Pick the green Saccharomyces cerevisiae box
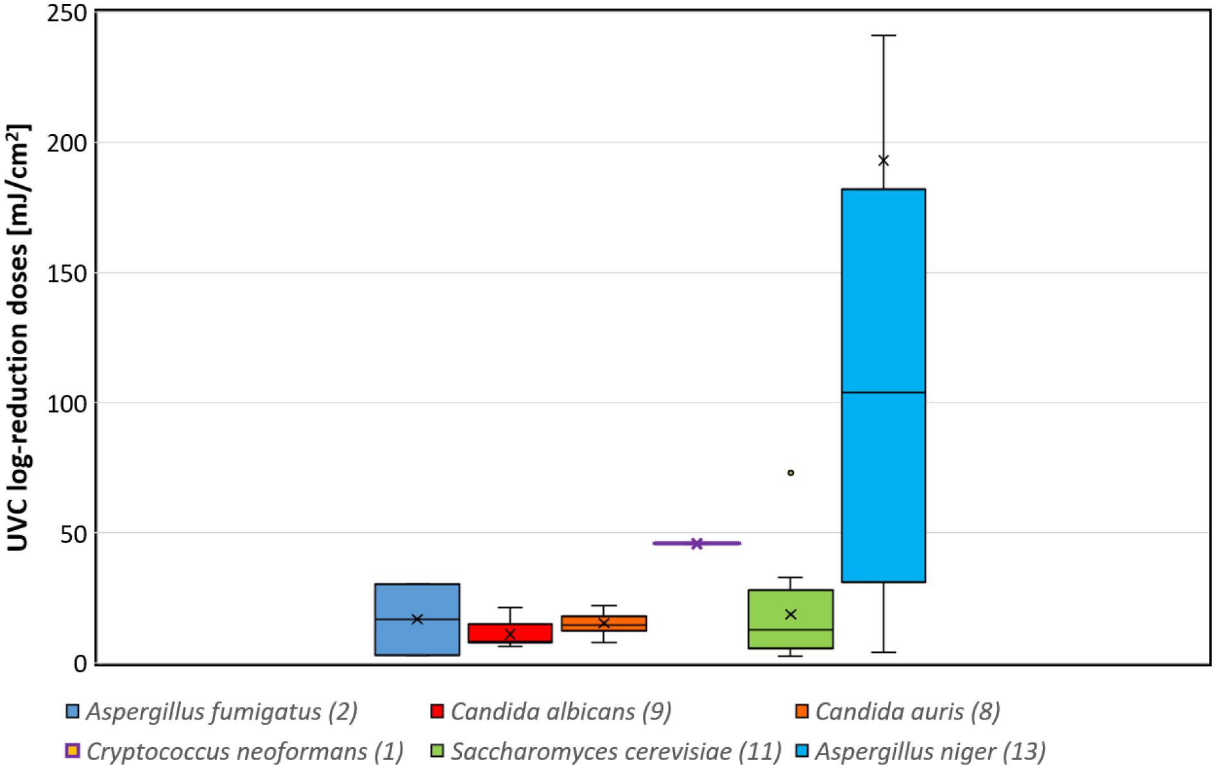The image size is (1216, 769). click(x=791, y=635)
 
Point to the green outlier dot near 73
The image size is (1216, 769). click(x=791, y=472)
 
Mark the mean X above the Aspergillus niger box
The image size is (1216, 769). click(x=884, y=160)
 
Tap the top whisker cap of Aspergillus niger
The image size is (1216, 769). click(x=884, y=35)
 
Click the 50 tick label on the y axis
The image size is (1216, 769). click(x=73, y=534)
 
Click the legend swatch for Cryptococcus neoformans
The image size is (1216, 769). click(x=73, y=750)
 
